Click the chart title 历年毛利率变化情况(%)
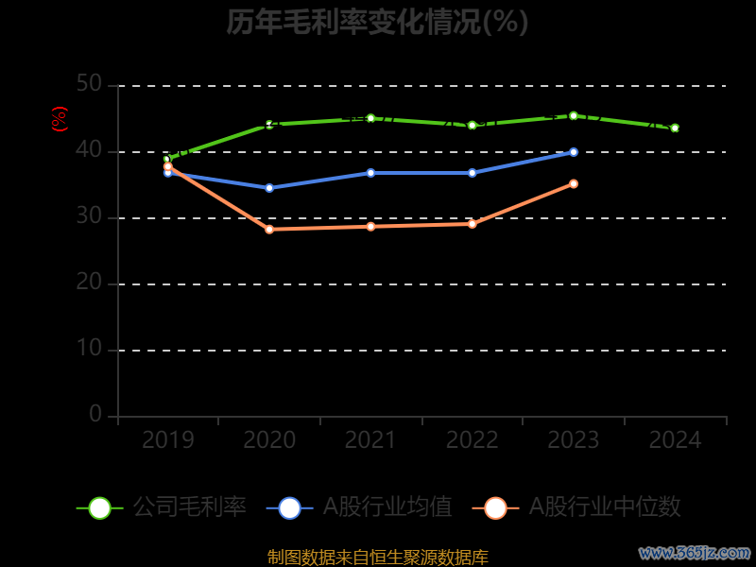pos(377,22)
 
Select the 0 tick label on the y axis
pos(95,415)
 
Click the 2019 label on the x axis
pos(167,440)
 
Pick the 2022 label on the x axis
pos(472,440)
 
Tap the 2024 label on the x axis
pos(675,440)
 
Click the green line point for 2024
pos(675,128)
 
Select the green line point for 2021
pos(370,118)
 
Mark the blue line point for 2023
pos(574,151)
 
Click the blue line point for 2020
pos(269,188)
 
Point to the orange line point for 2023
pos(574,183)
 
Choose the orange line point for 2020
pos(269,229)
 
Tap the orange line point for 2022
pos(472,224)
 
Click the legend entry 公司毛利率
pos(162,507)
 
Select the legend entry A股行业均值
pos(359,507)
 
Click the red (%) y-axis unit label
pos(60,120)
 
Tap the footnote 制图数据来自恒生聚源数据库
pos(377,558)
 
